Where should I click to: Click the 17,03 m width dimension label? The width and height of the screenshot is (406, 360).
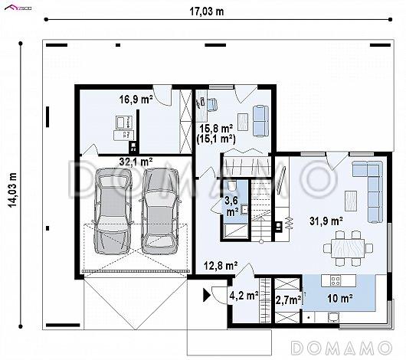point(207,11)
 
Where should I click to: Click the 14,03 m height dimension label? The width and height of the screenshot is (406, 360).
point(12,190)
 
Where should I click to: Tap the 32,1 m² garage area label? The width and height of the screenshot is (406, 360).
point(136,162)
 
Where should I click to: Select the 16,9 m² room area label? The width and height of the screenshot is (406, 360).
point(136,100)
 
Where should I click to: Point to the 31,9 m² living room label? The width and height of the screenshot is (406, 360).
point(326,221)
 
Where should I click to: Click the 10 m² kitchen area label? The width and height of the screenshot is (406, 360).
point(340,299)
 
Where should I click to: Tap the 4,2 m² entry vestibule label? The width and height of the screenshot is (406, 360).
point(244,295)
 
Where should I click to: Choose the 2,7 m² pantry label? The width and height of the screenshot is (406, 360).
point(288,300)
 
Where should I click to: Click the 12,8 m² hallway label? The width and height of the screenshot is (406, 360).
point(221,266)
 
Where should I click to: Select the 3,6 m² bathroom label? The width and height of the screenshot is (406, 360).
point(232,206)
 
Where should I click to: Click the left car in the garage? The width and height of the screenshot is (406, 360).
point(112,211)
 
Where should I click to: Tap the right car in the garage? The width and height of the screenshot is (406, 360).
point(159,211)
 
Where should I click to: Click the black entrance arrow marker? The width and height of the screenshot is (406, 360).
point(206,296)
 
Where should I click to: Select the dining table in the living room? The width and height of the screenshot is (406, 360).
point(349,248)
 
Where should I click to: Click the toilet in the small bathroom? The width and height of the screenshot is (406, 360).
point(232,185)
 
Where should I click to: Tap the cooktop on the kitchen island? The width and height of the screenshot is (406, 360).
point(336,280)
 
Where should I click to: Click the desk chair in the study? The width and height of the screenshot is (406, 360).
point(212,104)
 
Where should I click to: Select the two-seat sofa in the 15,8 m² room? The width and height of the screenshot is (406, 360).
point(260,121)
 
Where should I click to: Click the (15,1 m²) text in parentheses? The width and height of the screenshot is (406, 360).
point(216,139)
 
